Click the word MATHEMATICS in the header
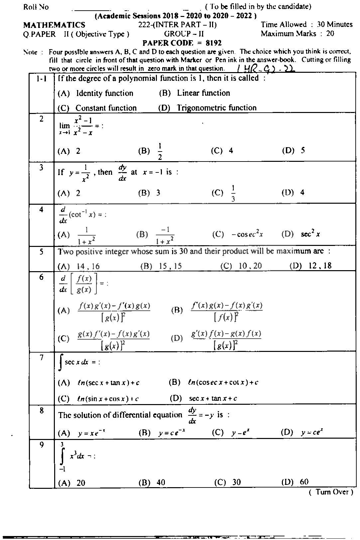pyautogui.click(x=54, y=25)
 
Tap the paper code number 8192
pyautogui.click(x=214, y=43)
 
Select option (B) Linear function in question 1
pyautogui.click(x=203, y=93)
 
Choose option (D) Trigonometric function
pyautogui.click(x=216, y=108)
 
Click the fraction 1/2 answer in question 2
pyautogui.click(x=160, y=152)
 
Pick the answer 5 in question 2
pyautogui.click(x=303, y=151)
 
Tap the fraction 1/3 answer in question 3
pyautogui.click(x=233, y=193)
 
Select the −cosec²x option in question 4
pyautogui.click(x=247, y=234)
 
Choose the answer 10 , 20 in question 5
pyautogui.click(x=250, y=266)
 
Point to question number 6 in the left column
pyautogui.click(x=41, y=277)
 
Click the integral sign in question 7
pyautogui.click(x=60, y=362)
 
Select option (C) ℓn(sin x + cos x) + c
pyautogui.click(x=107, y=399)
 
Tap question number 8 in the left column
pyautogui.click(x=41, y=411)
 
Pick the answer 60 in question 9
pyautogui.click(x=304, y=482)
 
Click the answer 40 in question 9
pyautogui.click(x=161, y=483)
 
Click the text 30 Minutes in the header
pyautogui.click(x=334, y=25)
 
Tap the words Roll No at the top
pyautogui.click(x=36, y=7)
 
